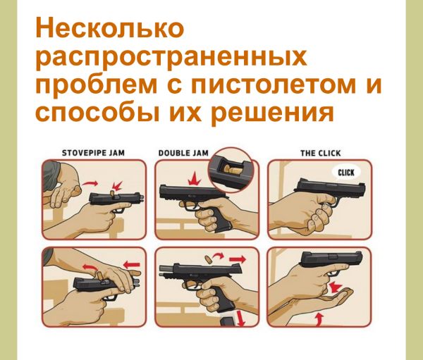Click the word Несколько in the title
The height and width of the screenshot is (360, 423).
(110, 27)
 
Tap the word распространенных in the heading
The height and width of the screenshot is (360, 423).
(171, 58)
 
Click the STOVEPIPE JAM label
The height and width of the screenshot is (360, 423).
(93, 153)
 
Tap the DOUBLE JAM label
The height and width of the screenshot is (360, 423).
(183, 153)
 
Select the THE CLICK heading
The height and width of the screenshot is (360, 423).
(321, 154)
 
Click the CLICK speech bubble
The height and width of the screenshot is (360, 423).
(346, 173)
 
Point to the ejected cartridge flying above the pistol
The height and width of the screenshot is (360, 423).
(209, 260)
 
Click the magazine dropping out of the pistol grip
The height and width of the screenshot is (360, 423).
(228, 321)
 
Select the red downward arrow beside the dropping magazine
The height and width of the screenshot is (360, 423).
(240, 318)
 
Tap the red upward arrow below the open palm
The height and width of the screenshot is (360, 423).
(319, 318)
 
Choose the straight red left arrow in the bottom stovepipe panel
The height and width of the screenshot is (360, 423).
(132, 264)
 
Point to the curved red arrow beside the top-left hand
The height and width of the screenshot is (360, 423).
(90, 184)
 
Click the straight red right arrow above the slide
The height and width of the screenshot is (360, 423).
(238, 260)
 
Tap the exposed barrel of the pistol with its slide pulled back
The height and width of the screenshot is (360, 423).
(167, 268)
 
